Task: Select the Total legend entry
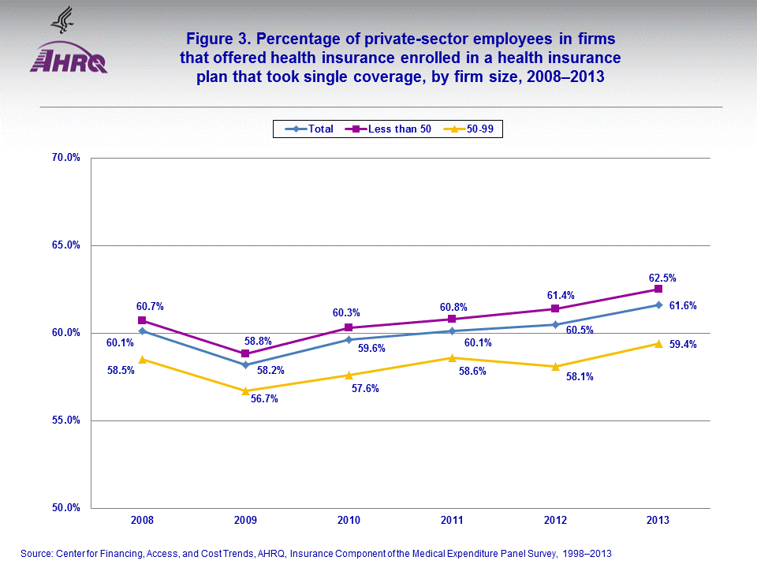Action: pos(312,129)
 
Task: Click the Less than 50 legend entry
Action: pos(393,129)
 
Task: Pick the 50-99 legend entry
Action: pos(472,129)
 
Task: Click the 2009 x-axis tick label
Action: pos(245,521)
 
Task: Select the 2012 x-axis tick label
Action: pos(555,521)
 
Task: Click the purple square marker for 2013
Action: pos(658,289)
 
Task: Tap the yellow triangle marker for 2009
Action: pos(245,390)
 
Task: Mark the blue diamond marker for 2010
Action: pos(349,339)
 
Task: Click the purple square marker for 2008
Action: pos(142,320)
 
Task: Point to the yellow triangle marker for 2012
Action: pos(555,366)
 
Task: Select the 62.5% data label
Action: pos(663,278)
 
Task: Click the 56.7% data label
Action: pos(264,399)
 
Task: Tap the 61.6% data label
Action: pos(683,305)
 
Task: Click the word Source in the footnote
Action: pos(36,554)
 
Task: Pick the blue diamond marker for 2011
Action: pos(452,331)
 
